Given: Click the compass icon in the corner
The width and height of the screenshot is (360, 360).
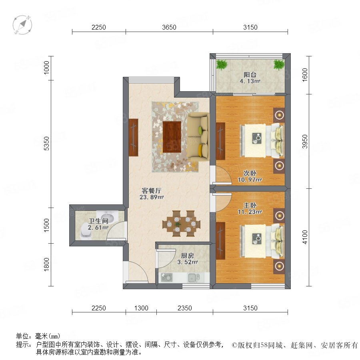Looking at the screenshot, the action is [x=22, y=25].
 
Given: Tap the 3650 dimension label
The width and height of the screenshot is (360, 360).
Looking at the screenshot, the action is [x=169, y=27].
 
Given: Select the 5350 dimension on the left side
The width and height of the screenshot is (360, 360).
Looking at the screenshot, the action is [x=46, y=144].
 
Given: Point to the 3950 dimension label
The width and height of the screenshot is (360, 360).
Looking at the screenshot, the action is [x=304, y=142].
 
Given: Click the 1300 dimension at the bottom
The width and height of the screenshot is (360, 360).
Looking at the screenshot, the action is [x=141, y=308].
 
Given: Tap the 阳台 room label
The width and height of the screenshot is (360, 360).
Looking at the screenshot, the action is [x=250, y=75].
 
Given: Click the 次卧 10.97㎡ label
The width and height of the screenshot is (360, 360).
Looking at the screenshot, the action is [x=250, y=176].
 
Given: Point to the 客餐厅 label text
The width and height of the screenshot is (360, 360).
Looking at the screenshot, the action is [x=152, y=190].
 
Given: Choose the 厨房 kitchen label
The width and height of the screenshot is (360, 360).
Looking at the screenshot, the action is [x=187, y=256].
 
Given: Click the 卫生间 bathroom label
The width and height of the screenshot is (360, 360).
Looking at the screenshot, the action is [x=98, y=221].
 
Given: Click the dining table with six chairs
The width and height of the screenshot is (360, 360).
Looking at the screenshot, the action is [x=181, y=223].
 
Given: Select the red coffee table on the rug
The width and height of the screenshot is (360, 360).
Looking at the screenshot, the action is [x=172, y=137].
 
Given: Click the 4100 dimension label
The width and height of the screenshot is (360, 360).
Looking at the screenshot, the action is [x=304, y=237].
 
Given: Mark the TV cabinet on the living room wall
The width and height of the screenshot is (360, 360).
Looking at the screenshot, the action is [x=133, y=138].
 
